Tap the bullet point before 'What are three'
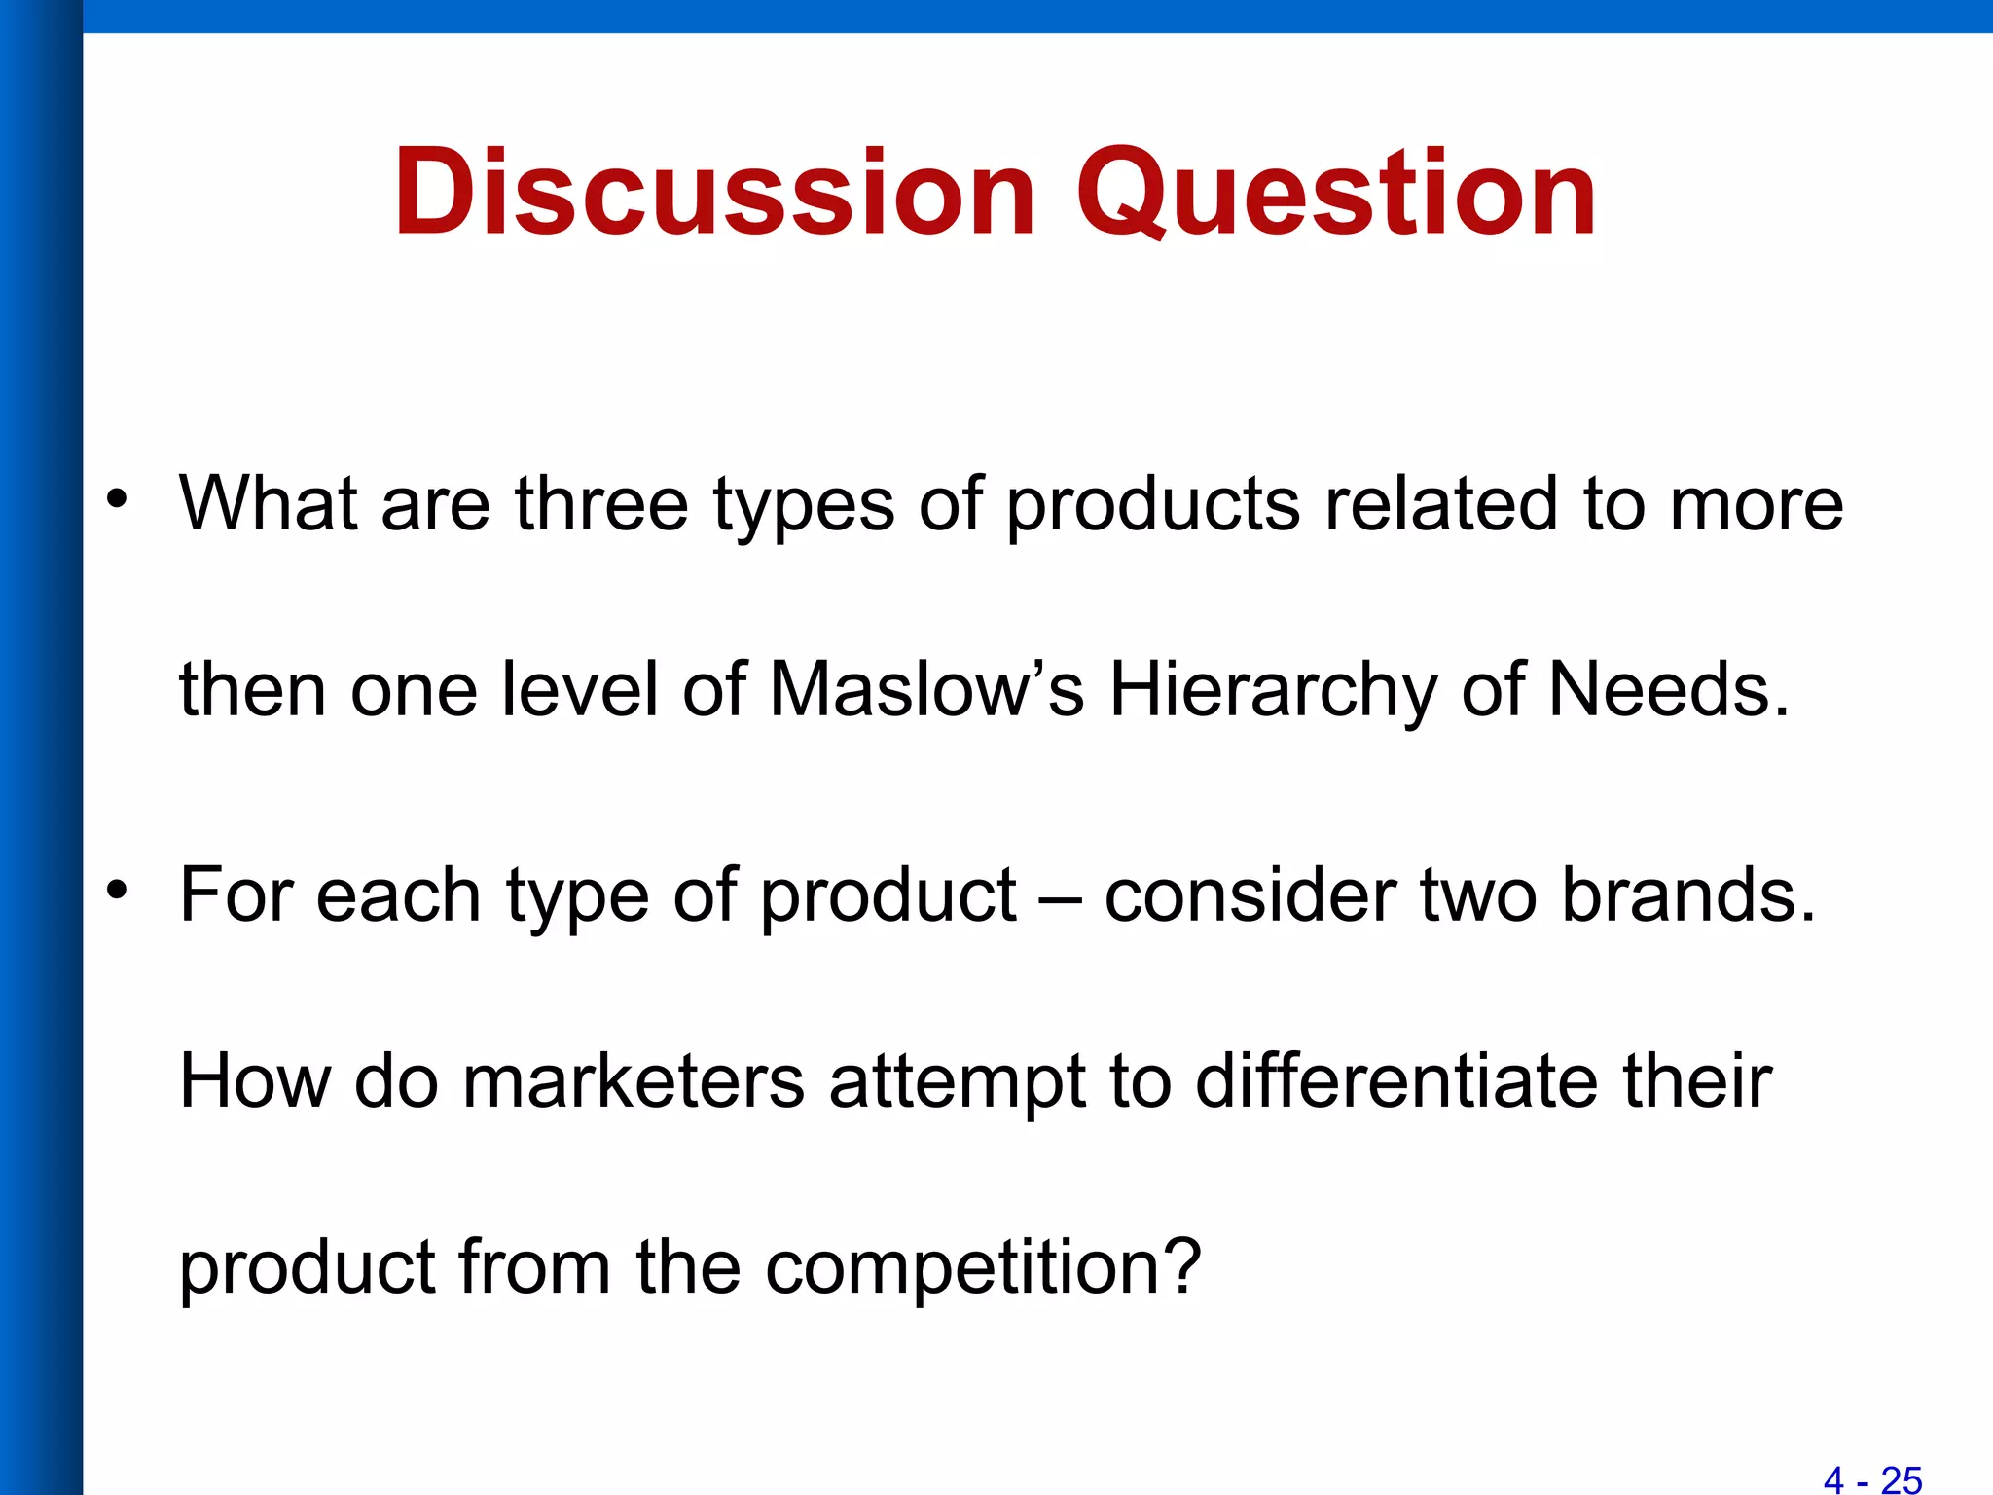click(x=118, y=499)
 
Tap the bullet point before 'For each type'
click(x=118, y=890)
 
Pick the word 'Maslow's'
click(x=926, y=690)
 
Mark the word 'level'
click(x=579, y=690)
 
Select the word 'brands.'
click(x=1688, y=894)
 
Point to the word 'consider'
click(x=1250, y=894)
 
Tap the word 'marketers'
click(x=634, y=1081)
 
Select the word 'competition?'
click(x=984, y=1269)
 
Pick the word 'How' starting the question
click(x=255, y=1081)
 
